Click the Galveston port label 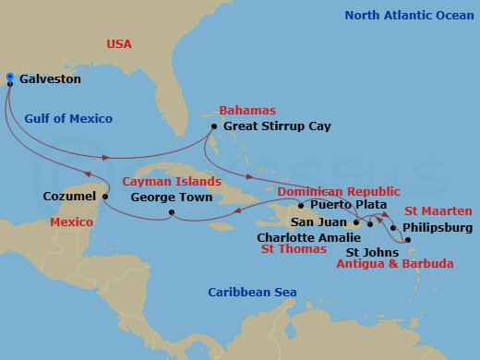[x=51, y=79]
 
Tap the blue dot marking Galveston [x=9, y=77]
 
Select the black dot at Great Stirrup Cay [x=213, y=126]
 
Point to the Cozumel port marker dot [x=105, y=197]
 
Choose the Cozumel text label [x=69, y=197]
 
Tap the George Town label [x=172, y=197]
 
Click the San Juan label [x=319, y=222]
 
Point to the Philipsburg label [x=438, y=227]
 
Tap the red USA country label [x=121, y=42]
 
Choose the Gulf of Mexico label [x=68, y=119]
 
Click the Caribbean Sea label [x=252, y=293]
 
